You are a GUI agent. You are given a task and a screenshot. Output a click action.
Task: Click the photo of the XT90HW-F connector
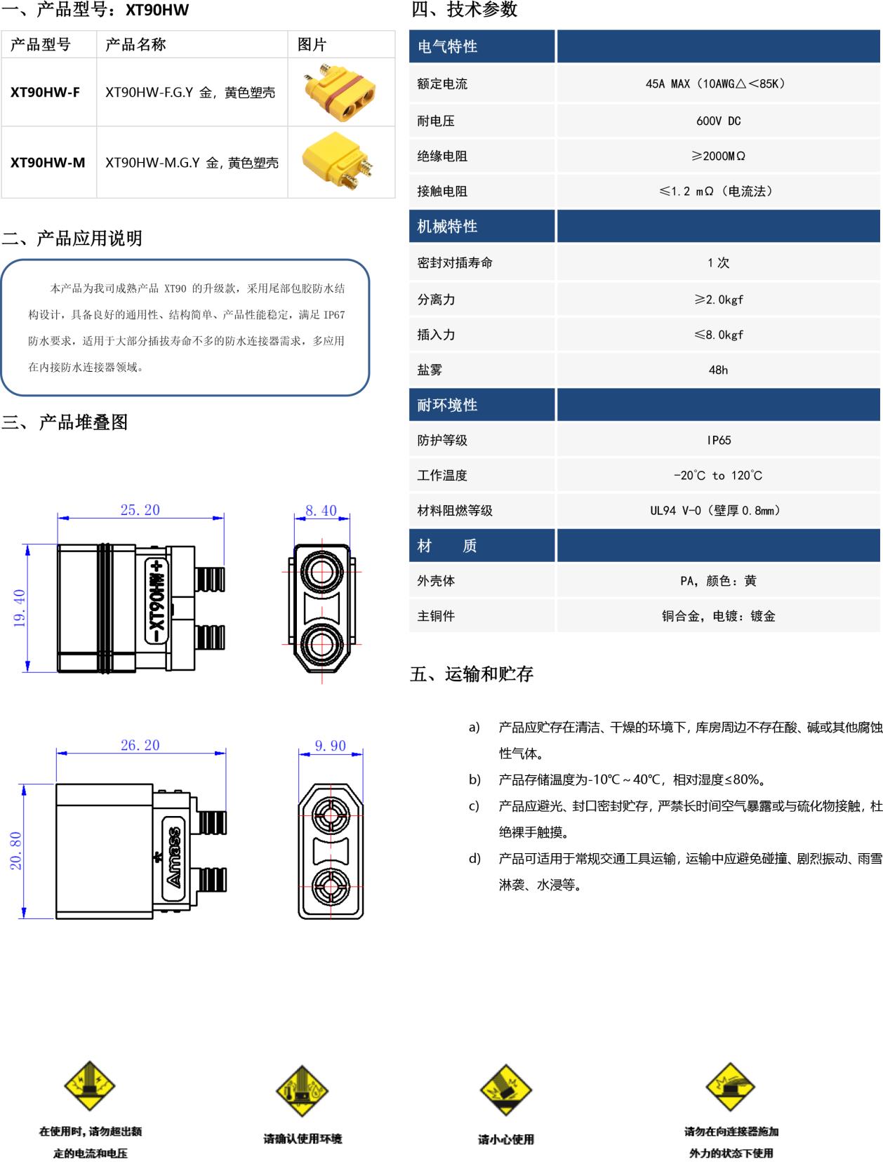[340, 91]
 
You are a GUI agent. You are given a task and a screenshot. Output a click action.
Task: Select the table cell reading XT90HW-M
[48, 163]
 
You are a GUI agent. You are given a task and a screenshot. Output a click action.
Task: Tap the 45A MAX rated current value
[717, 83]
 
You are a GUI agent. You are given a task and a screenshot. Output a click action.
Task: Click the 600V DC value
[718, 121]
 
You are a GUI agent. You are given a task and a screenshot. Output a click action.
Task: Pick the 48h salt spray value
[718, 370]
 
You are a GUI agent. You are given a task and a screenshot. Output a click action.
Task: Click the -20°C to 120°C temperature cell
[717, 475]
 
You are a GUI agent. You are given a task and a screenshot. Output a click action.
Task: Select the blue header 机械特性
[447, 226]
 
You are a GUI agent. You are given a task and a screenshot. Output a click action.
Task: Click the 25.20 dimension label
[140, 510]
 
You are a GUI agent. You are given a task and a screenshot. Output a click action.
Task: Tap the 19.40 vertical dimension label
[20, 608]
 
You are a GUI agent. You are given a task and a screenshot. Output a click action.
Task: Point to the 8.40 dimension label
[321, 511]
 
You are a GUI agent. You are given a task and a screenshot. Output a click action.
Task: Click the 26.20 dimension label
[140, 745]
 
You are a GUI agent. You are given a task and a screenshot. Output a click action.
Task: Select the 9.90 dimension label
[330, 746]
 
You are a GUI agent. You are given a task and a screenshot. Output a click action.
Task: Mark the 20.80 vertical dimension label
[16, 850]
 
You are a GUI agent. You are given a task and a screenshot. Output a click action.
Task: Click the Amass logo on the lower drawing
[173, 857]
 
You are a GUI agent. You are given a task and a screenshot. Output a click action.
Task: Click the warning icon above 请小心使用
[505, 1089]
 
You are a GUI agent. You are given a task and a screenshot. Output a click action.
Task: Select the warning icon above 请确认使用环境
[302, 1090]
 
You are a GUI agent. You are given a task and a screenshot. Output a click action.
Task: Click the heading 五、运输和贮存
[472, 674]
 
